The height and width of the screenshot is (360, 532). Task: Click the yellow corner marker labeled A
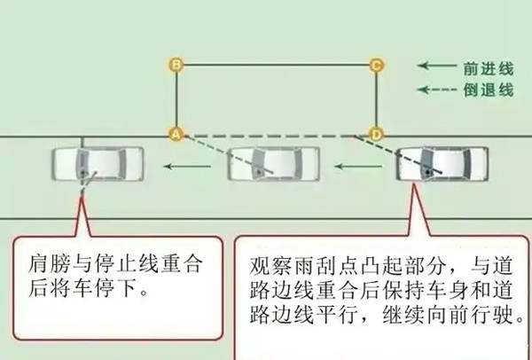point(176,135)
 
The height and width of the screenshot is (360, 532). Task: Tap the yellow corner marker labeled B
point(176,65)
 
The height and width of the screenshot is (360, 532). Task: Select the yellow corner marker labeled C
point(376,65)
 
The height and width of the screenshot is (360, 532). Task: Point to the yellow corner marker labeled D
point(376,135)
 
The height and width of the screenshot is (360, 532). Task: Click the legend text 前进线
point(489,68)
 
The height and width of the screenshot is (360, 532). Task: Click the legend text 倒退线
point(489,90)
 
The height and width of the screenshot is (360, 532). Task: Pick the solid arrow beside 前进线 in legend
point(437,65)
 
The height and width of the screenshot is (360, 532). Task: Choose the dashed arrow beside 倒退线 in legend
point(437,90)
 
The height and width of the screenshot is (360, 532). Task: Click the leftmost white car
point(98,164)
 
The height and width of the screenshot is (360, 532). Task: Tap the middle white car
point(273,164)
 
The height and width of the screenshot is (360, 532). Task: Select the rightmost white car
point(442,164)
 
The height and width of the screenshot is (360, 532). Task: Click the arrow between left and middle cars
point(187,167)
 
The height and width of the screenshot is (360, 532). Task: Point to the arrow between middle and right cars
point(358,167)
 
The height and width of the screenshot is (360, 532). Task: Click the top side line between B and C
point(277,65)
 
